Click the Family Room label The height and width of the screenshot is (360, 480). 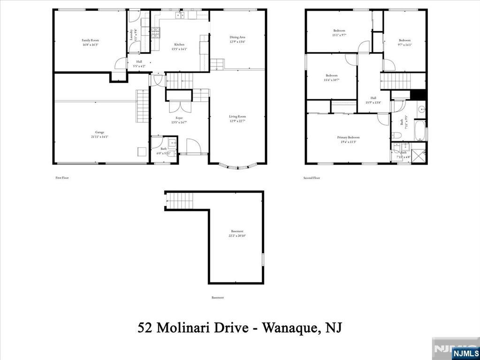[x=90, y=40]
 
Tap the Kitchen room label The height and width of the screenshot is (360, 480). [x=179, y=44]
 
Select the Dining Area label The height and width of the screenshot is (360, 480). [x=237, y=37]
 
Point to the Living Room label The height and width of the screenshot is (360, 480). [x=237, y=116]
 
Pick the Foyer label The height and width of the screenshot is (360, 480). [x=179, y=118]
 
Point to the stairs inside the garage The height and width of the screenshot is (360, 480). [x=142, y=106]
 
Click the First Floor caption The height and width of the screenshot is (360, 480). [x=62, y=178]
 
